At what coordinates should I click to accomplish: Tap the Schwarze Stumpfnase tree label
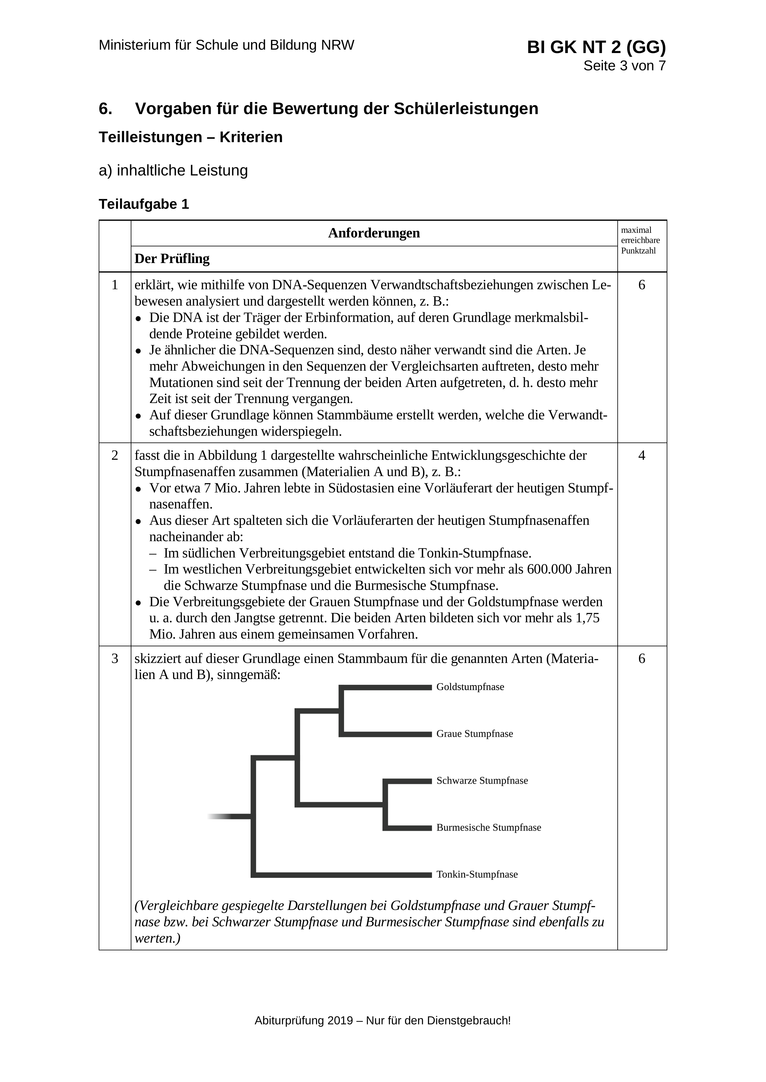coord(482,781)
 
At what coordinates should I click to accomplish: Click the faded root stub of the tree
coord(222,817)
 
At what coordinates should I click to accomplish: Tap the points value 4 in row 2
coord(641,456)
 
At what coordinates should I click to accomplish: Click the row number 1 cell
coord(115,285)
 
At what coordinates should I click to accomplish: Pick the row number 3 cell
coord(115,658)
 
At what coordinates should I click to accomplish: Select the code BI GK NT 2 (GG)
coord(596,47)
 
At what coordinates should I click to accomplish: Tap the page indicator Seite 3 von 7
coord(624,66)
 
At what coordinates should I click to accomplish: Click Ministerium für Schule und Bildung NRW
coord(226,45)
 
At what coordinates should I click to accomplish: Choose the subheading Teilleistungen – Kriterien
coord(191,137)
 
